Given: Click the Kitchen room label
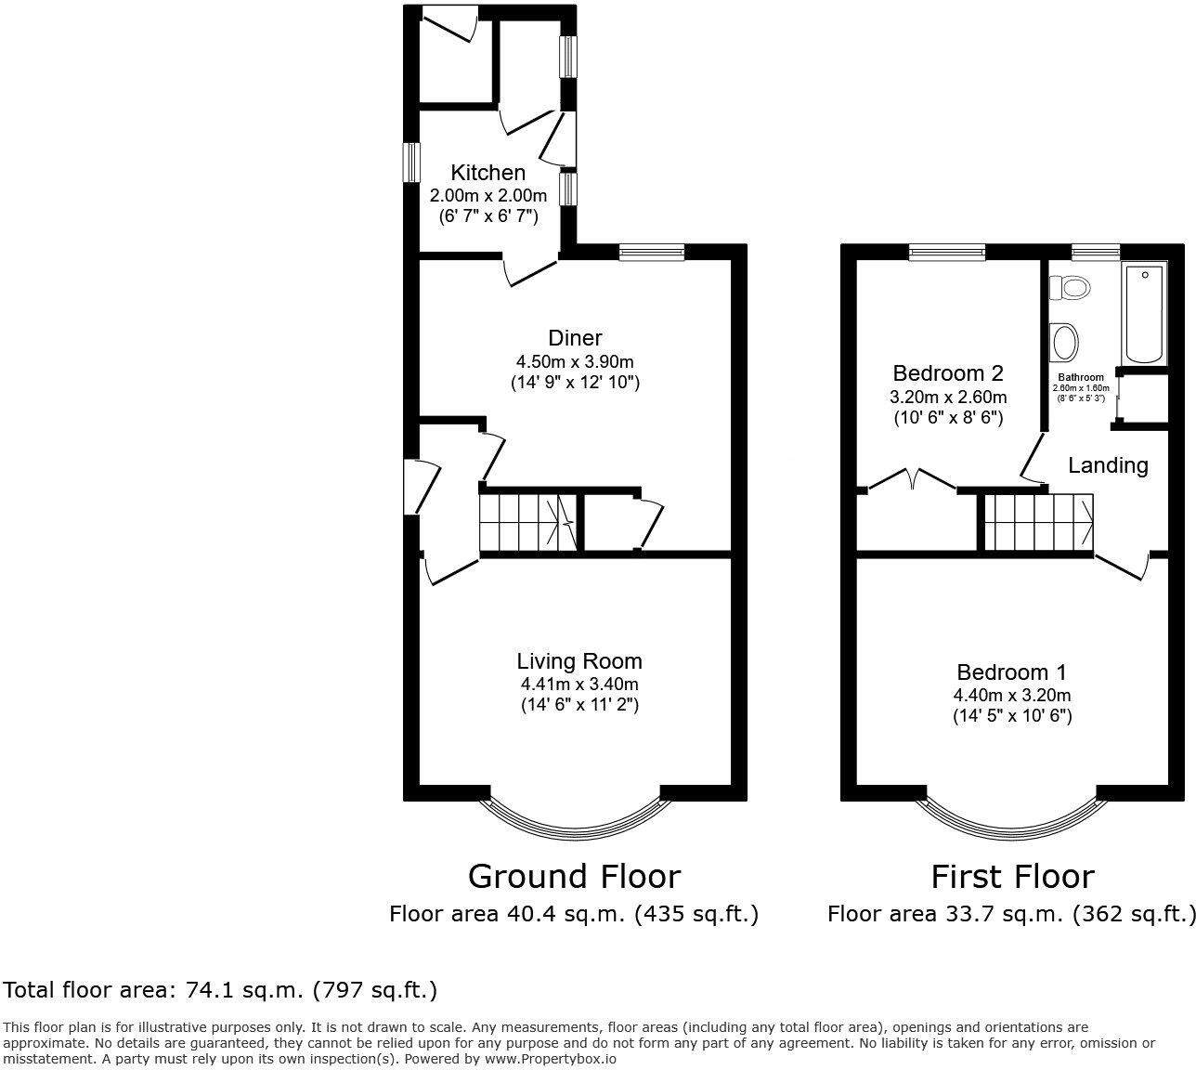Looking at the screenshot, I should [487, 173].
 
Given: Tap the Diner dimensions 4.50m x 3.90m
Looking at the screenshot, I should [575, 361].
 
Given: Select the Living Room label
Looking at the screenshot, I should [579, 661].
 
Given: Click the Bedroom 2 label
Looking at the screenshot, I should [947, 373].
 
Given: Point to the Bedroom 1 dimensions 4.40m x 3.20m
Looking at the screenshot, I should [1012, 695].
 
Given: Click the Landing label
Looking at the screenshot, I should [1108, 465].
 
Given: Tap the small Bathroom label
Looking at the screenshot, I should [1081, 377].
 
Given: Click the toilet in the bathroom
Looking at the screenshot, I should [1068, 288].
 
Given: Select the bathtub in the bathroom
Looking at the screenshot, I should [1143, 315].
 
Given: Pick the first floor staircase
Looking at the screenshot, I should [1037, 522].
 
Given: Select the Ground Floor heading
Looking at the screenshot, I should [574, 876].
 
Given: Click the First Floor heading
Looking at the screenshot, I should [1012, 876].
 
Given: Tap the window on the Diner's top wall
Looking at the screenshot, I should [652, 252].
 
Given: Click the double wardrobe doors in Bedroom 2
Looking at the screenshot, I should [911, 479].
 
